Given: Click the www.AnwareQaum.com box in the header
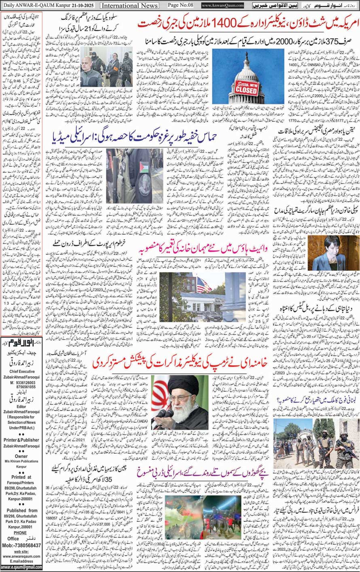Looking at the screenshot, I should [222, 6].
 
